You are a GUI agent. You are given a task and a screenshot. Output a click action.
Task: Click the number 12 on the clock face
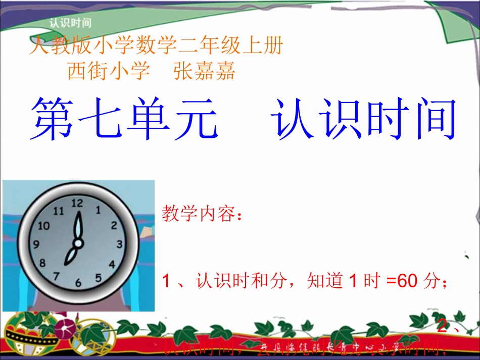(x=77, y=203)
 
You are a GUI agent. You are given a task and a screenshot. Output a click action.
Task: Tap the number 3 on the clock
(x=120, y=244)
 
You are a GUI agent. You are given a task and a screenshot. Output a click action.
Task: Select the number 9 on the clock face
(x=36, y=245)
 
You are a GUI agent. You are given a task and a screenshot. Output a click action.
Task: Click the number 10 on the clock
(x=44, y=225)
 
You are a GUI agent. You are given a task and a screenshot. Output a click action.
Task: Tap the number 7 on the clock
(x=57, y=276)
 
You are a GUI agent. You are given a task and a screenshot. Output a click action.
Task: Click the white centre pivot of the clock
(x=78, y=243)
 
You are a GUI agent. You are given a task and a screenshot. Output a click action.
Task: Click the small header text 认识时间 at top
(x=70, y=22)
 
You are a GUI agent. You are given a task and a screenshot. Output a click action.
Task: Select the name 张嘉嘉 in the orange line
(x=204, y=71)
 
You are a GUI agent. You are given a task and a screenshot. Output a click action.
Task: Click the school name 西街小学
(x=109, y=71)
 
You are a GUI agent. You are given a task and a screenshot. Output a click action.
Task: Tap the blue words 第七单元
(x=124, y=120)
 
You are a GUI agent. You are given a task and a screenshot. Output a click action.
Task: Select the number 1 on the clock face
(x=98, y=209)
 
